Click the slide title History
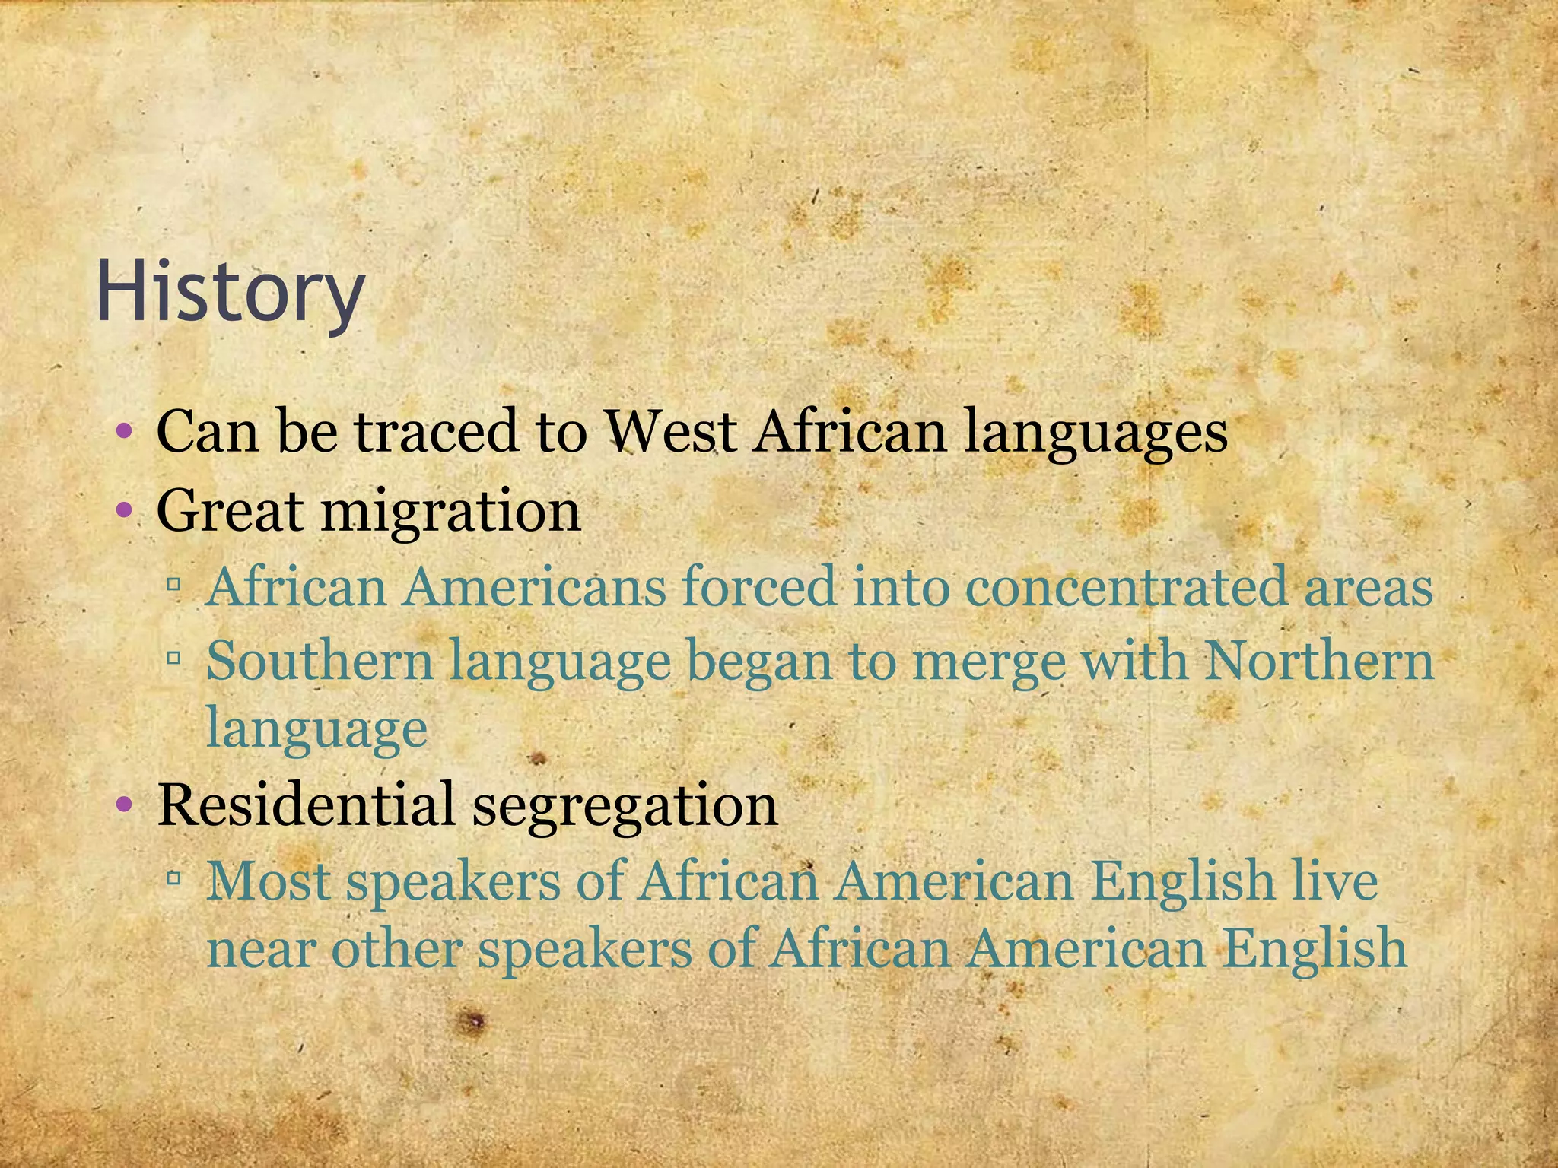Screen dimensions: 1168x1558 230,294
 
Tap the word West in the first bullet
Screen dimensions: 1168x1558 671,431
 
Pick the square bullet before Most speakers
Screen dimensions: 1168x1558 174,878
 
